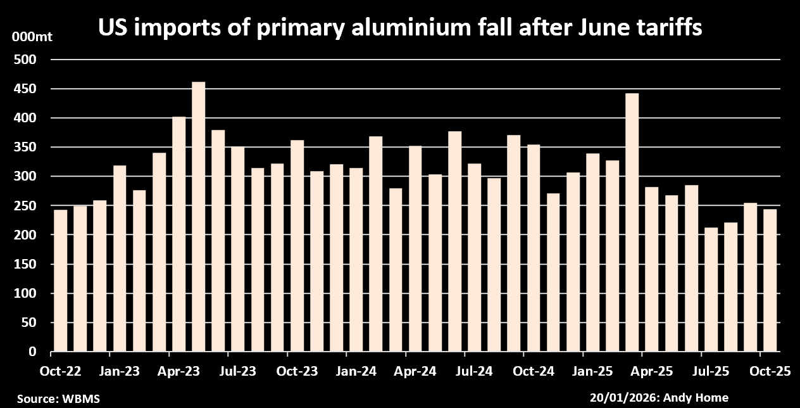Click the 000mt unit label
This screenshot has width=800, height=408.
[x=32, y=37]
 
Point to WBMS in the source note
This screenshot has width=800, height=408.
[x=78, y=398]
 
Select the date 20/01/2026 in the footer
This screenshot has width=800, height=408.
[x=618, y=398]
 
